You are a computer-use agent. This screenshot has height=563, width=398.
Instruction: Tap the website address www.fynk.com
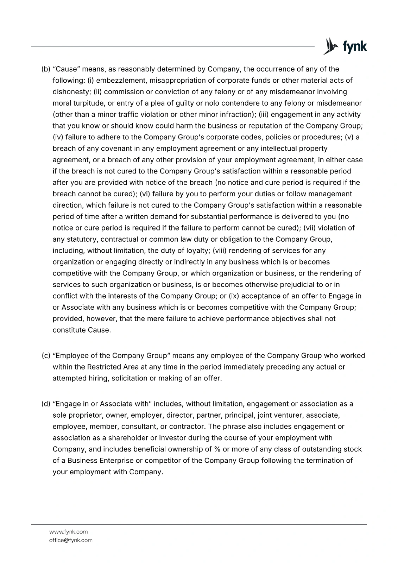point(68,532)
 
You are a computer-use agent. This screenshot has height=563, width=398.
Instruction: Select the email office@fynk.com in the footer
point(71,540)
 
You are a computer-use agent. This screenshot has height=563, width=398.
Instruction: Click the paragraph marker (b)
point(46,69)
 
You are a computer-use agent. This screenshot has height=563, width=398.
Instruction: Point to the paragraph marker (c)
point(46,355)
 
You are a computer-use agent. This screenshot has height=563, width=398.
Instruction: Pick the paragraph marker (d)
point(46,404)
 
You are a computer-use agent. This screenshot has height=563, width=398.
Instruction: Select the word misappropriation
point(177,80)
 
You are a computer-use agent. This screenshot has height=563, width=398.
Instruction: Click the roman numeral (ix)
point(234,296)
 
